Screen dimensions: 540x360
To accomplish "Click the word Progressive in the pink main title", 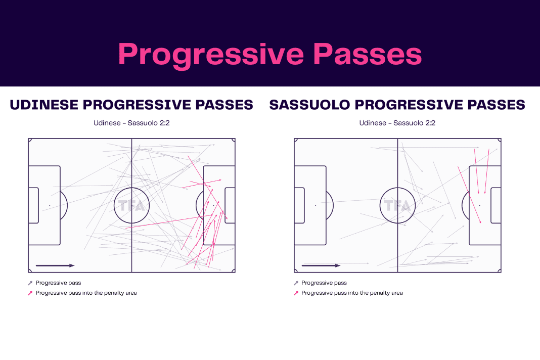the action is (x=211, y=55).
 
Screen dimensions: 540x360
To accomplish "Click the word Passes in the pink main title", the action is (x=368, y=54).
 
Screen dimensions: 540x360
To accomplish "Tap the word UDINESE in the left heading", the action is (x=44, y=105).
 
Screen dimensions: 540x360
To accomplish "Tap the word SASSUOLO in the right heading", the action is (x=309, y=105).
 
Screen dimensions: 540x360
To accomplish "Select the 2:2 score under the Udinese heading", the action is (x=165, y=123).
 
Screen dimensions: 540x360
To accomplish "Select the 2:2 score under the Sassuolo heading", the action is (x=430, y=123).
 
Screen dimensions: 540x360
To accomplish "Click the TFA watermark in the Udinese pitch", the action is (x=131, y=206).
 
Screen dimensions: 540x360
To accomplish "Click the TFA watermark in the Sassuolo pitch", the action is (x=397, y=206).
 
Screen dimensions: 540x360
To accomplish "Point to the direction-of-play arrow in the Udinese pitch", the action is (x=55, y=265).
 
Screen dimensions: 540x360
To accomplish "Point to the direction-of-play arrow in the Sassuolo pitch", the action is (x=321, y=265).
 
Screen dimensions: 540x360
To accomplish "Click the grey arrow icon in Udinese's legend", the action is (x=30, y=283).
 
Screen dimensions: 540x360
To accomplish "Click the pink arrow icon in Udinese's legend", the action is (x=30, y=293).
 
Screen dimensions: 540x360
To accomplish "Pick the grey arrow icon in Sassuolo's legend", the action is (x=296, y=283).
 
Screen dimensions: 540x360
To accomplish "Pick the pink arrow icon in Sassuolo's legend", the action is (x=296, y=293).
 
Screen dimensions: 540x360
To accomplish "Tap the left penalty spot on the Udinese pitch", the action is (x=50, y=206).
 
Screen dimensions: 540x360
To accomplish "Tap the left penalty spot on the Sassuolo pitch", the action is (x=316, y=206).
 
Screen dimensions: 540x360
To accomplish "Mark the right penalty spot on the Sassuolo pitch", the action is (x=480, y=206).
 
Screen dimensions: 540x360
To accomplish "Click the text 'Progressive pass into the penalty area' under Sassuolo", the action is (x=352, y=293).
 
